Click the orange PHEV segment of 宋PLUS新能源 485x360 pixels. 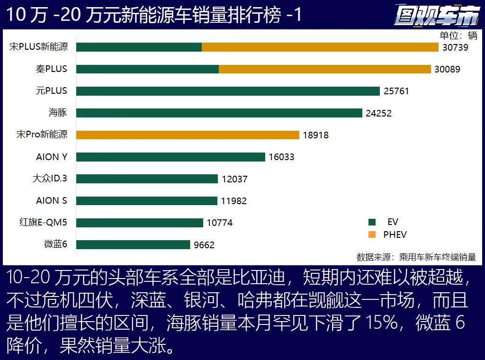(320, 47)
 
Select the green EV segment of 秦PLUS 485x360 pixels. (147, 69)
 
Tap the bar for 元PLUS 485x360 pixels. (228, 91)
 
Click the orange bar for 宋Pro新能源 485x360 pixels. (188, 135)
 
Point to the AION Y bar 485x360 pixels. (171, 157)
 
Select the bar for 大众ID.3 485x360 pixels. (147, 179)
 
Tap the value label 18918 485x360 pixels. (315, 135)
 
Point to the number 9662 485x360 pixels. (204, 245)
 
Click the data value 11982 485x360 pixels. (234, 201)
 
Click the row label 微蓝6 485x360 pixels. (56, 244)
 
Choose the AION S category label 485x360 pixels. (52, 200)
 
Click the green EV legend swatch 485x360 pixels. (372, 222)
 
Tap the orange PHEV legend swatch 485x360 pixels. (372, 234)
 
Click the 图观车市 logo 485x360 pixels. (436, 16)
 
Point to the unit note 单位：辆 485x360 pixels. (458, 36)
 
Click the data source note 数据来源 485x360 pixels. (416, 257)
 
